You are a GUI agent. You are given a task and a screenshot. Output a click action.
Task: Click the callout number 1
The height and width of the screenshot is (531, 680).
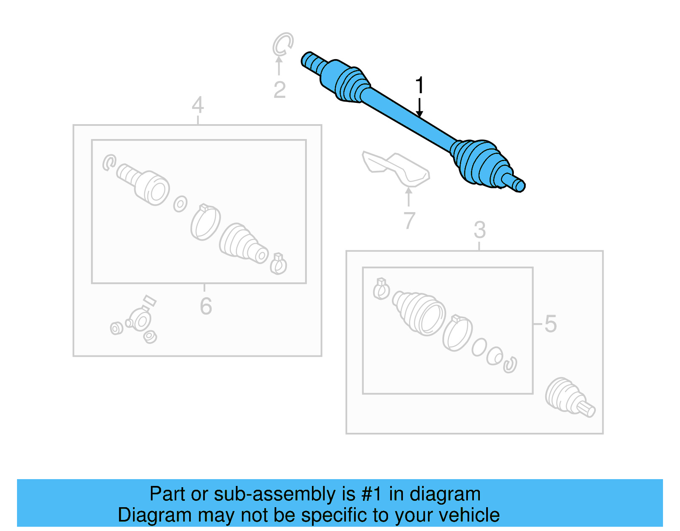(x=419, y=85)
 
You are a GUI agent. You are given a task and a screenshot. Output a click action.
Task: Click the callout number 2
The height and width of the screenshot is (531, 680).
(x=279, y=90)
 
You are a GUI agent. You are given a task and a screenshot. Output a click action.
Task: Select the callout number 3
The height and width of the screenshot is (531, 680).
(x=479, y=230)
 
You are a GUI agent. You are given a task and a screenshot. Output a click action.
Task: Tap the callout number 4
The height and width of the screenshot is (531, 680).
(x=198, y=105)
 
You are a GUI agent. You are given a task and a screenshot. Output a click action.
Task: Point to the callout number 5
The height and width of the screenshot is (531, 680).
(x=550, y=324)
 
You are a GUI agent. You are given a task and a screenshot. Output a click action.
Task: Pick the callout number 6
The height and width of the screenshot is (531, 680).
(x=206, y=306)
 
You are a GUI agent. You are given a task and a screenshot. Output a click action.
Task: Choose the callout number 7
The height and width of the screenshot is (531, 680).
(x=409, y=220)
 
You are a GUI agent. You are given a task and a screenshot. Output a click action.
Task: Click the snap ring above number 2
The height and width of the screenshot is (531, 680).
(x=283, y=44)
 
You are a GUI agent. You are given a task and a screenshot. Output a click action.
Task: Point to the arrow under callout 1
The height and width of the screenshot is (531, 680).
(x=419, y=108)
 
